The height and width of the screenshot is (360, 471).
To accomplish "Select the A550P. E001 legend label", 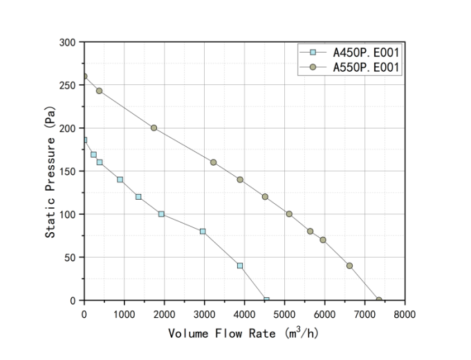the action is click(x=366, y=67).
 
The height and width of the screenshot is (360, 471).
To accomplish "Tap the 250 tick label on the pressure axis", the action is click(x=67, y=85).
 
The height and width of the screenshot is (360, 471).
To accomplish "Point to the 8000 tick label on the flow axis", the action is click(x=405, y=314).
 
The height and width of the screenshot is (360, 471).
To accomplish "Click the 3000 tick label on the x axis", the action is click(x=204, y=314).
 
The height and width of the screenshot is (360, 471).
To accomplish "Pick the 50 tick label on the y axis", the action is click(x=70, y=258).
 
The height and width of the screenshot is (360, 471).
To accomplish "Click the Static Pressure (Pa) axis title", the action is click(x=50, y=172).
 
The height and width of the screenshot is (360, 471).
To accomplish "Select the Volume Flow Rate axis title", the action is click(x=243, y=333).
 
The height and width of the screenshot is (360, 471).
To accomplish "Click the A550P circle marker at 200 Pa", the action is click(x=154, y=128).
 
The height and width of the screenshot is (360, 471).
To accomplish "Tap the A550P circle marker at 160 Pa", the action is click(x=213, y=162).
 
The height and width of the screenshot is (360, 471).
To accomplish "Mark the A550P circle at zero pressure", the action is click(x=379, y=300).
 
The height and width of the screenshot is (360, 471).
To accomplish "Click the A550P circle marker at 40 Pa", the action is click(x=349, y=266).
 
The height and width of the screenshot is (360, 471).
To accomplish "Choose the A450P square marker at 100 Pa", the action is click(x=161, y=214).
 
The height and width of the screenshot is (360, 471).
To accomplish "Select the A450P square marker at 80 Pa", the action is click(x=203, y=231).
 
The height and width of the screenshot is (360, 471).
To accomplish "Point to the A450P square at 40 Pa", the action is click(x=240, y=266).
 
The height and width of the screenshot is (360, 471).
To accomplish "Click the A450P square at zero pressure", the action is click(x=266, y=300).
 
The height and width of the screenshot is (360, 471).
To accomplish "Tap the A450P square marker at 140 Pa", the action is click(x=120, y=180).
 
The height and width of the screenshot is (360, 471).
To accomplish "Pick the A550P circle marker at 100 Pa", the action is click(x=289, y=214).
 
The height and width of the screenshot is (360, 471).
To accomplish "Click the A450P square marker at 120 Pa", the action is click(x=138, y=197).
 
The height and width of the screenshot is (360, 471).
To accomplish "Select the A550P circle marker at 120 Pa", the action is click(x=265, y=197).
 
